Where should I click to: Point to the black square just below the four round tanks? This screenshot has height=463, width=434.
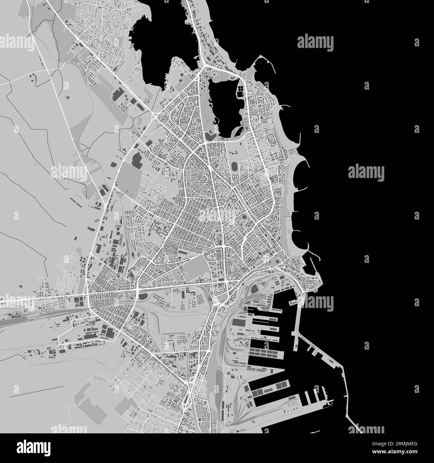(x=240, y=95)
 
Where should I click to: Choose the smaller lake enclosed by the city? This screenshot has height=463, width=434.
(x=223, y=103)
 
